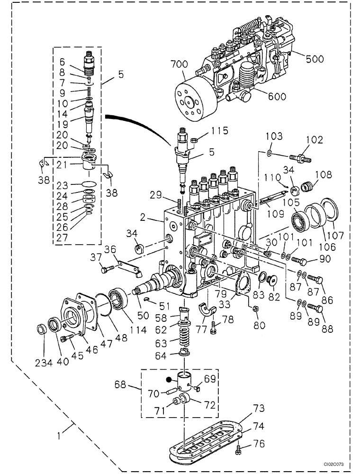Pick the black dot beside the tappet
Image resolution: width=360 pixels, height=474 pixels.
click(168, 379)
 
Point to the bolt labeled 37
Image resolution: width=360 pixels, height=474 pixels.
click(105, 270)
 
